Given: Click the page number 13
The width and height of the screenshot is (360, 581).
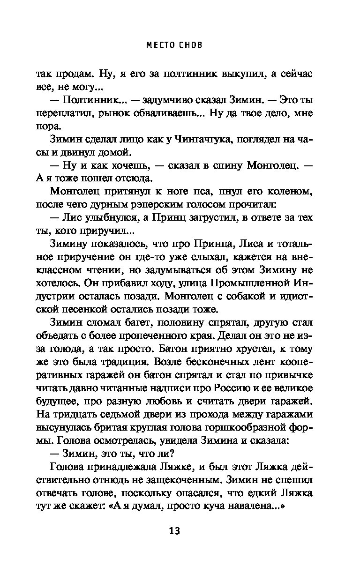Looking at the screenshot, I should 174,531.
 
